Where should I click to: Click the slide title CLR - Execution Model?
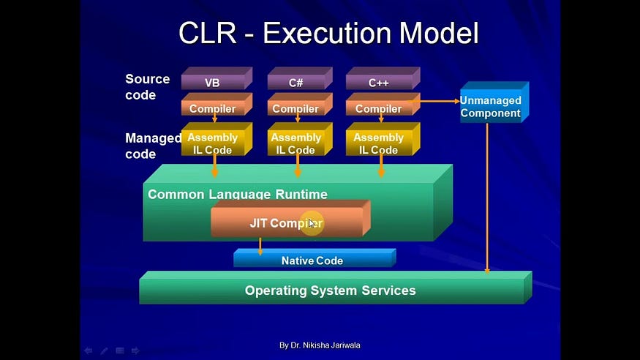[x=328, y=34]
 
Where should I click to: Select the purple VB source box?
[x=212, y=82]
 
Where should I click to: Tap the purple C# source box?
[x=295, y=82]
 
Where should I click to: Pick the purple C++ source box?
[x=379, y=82]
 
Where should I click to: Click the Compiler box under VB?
[x=213, y=108]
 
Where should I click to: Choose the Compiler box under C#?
[x=295, y=108]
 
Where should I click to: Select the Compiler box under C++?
[x=379, y=108]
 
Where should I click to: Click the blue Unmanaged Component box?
[x=490, y=107]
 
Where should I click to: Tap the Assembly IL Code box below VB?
[x=213, y=143]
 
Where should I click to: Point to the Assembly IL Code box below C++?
[x=379, y=143]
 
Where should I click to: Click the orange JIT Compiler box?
[x=287, y=223]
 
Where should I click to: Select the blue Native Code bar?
[x=312, y=260]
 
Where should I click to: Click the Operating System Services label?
[x=331, y=290]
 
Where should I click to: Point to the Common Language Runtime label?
[x=238, y=195]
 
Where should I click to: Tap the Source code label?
[x=147, y=86]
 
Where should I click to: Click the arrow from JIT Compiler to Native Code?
[x=260, y=246]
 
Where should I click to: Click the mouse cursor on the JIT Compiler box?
[x=312, y=223]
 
